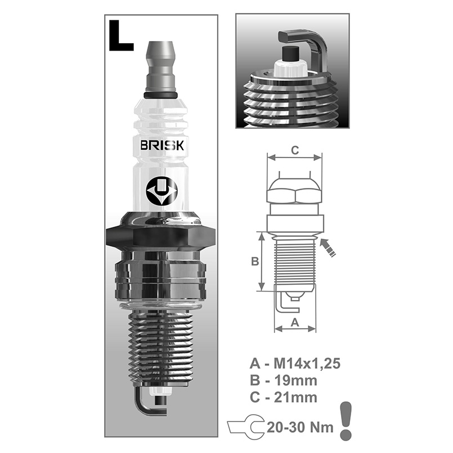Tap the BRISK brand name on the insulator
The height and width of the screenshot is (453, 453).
[160, 146]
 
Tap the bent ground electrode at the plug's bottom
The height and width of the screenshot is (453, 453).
[145, 402]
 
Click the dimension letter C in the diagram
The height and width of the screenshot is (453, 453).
[294, 150]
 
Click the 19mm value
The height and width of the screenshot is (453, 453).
[302, 380]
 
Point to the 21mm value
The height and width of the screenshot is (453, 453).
[302, 397]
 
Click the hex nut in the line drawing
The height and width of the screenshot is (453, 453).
[294, 193]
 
